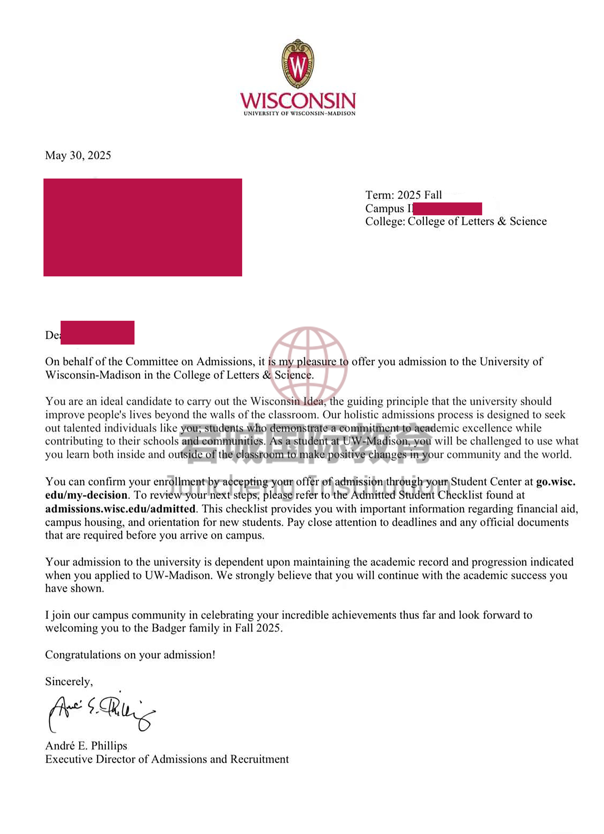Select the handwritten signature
[101, 712]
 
